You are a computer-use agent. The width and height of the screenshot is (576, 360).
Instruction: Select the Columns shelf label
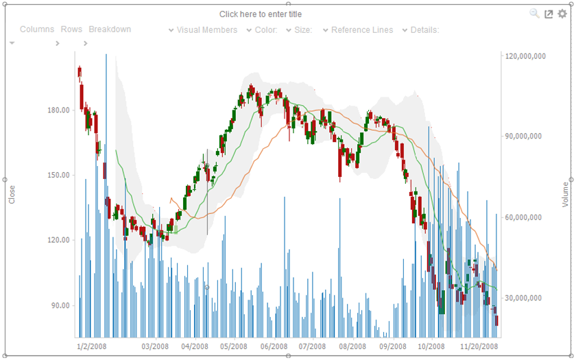(37, 29)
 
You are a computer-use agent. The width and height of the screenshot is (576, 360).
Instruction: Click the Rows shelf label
(71, 29)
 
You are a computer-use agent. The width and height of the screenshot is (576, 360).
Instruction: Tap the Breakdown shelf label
(110, 29)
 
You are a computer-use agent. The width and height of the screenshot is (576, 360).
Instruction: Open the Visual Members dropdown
(206, 30)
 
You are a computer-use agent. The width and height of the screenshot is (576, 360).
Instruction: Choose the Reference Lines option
(362, 30)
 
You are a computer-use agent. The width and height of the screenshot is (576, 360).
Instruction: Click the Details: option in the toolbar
(424, 30)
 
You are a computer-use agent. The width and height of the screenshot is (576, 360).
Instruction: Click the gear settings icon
(562, 14)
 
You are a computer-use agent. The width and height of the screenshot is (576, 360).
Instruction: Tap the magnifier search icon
(535, 14)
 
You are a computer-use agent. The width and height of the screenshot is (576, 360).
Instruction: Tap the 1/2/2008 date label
(92, 347)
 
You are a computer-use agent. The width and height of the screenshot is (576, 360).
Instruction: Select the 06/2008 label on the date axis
(273, 347)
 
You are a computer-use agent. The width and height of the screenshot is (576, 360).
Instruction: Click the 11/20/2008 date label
(479, 347)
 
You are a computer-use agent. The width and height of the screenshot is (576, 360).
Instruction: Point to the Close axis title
(12, 195)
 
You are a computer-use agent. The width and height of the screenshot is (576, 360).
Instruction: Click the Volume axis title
(565, 195)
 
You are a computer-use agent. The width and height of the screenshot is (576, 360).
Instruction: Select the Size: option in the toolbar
(303, 30)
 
